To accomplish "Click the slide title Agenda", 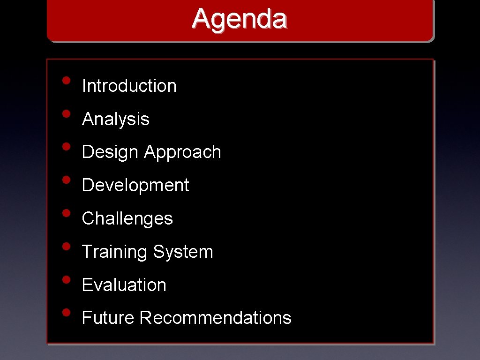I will [x=239, y=19].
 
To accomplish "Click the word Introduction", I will [x=129, y=86].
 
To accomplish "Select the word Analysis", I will [x=115, y=119].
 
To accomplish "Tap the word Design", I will [x=110, y=152].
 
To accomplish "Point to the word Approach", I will [x=182, y=152].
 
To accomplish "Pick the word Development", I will [x=135, y=185].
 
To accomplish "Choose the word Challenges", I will [x=127, y=218].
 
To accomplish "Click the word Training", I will [x=114, y=252].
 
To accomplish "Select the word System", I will [x=183, y=252].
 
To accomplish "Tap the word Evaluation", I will [x=124, y=285].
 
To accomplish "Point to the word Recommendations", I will [x=215, y=318].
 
